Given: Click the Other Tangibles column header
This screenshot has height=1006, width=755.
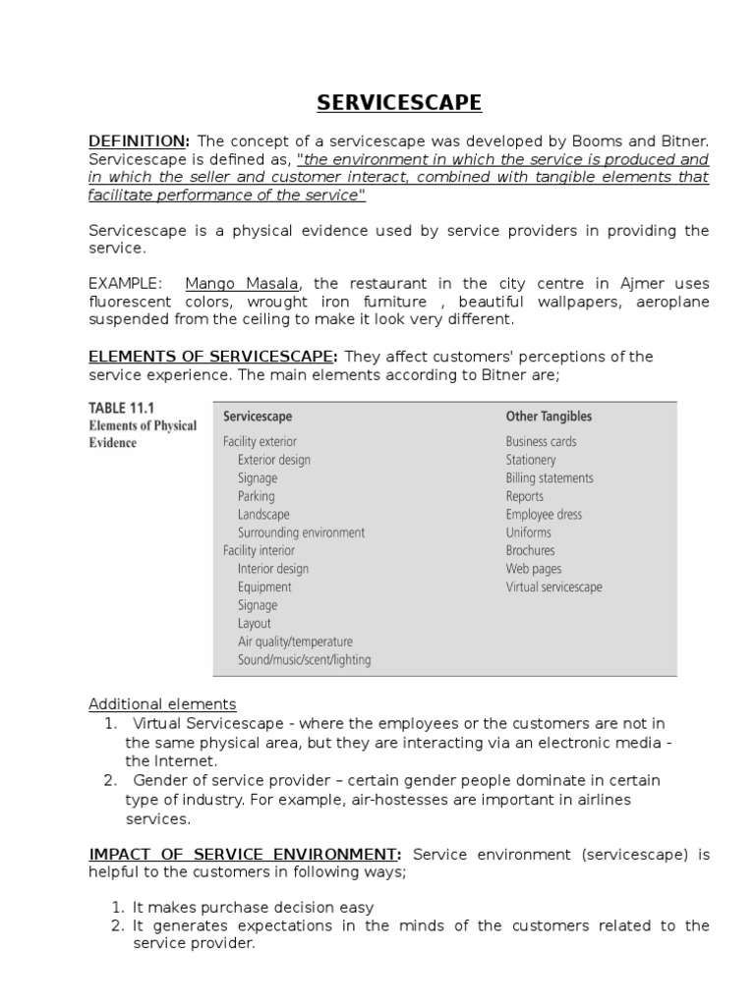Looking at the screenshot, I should coord(549,416).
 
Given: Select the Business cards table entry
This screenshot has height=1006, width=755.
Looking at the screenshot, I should coord(541,442).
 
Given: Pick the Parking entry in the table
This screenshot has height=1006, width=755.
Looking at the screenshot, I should coord(256,496).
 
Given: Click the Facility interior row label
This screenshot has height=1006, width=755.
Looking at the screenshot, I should coord(260,550).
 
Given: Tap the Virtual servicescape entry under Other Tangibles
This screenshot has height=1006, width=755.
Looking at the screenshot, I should coord(553,587).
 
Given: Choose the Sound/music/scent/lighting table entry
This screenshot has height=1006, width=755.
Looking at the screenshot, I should coord(304,660).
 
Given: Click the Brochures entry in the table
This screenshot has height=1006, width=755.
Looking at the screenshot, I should coord(530,550).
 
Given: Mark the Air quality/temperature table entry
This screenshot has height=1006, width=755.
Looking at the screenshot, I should coord(294,642).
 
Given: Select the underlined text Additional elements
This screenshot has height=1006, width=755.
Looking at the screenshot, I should coord(162,704).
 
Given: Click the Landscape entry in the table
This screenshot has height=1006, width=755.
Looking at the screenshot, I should coord(262,514).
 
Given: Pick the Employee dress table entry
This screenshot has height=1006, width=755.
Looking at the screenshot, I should coord(544,514).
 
